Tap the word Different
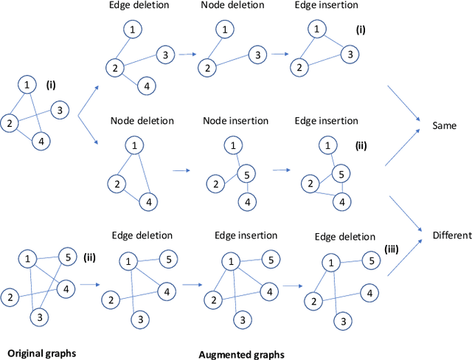pyautogui.click(x=452, y=236)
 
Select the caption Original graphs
pyautogui.click(x=37, y=353)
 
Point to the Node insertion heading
pyautogui.click(x=236, y=120)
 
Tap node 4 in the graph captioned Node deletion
pyautogui.click(x=148, y=201)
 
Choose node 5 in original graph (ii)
pyautogui.click(x=66, y=257)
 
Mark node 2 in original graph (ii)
pyautogui.click(x=10, y=297)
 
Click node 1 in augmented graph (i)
pyautogui.click(x=316, y=30)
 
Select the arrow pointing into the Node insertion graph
pyautogui.click(x=181, y=170)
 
